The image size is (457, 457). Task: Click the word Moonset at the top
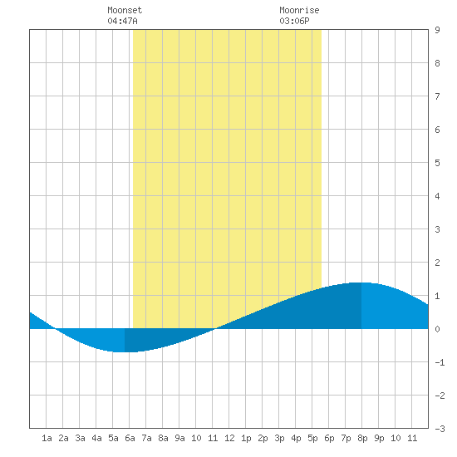click(125, 10)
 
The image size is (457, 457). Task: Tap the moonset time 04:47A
click(122, 21)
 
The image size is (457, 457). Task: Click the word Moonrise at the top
click(299, 10)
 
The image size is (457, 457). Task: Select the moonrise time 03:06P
click(294, 21)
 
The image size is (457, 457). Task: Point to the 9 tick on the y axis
click(437, 30)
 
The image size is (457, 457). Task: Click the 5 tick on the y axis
click(437, 163)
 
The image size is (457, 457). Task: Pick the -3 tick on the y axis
click(440, 429)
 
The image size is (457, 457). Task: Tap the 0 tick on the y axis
click(437, 329)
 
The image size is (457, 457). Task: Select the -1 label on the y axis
click(440, 362)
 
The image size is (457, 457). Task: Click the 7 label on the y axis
click(437, 96)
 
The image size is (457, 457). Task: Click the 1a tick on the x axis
click(47, 438)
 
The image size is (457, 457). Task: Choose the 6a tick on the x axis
click(130, 438)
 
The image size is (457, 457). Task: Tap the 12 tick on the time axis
click(229, 438)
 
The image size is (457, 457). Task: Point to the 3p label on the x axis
click(279, 438)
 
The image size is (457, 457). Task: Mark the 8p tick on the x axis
click(362, 438)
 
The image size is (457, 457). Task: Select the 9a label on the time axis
click(179, 438)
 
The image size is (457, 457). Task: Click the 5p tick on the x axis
click(312, 438)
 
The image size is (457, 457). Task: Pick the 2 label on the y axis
click(437, 263)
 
